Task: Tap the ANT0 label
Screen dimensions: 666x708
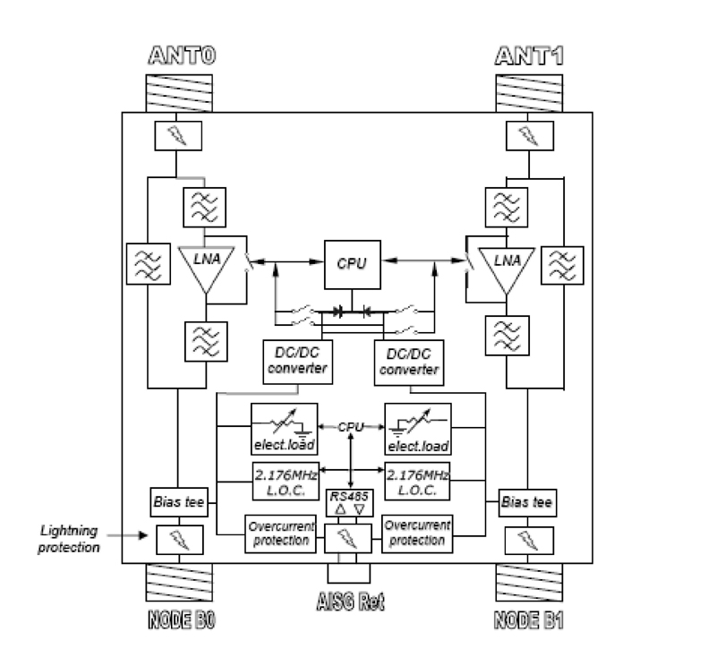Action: coord(182,60)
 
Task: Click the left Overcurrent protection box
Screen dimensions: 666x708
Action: coord(281,534)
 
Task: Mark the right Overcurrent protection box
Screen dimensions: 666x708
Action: coord(417,534)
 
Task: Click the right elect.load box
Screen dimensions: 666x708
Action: coord(417,429)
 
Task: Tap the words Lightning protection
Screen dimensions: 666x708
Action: coord(69,539)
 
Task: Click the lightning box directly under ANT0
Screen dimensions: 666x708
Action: coord(180,136)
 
